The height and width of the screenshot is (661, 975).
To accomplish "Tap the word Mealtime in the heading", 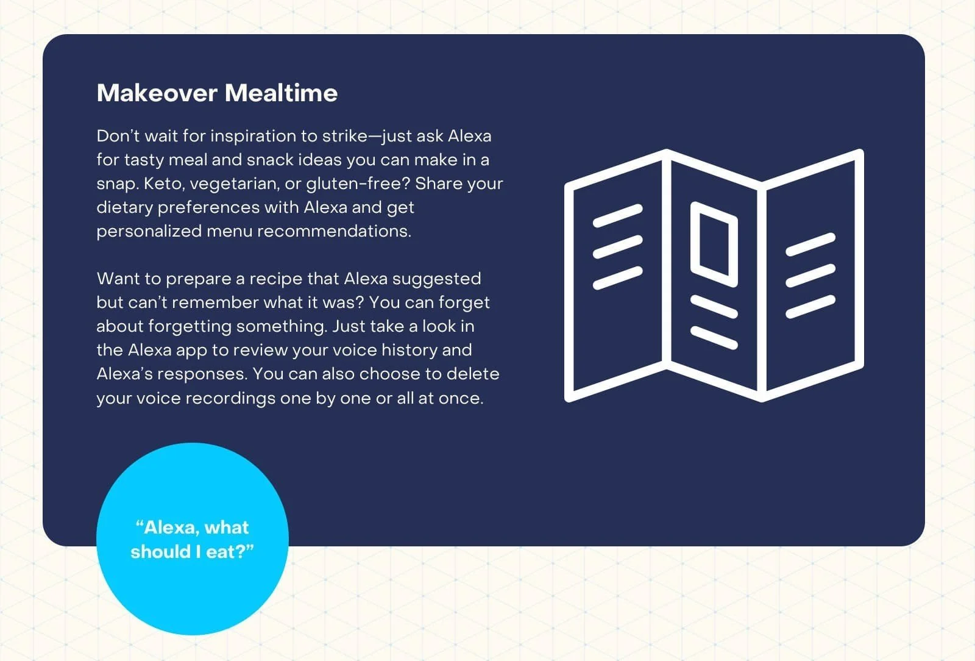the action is tap(281, 93).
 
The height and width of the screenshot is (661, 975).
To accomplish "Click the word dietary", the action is tap(124, 208).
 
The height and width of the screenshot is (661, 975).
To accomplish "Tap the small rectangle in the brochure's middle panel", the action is tap(714, 245).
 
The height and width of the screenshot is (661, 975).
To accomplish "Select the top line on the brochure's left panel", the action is tap(617, 215).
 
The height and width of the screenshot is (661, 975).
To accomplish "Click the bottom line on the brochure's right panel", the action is tap(810, 307).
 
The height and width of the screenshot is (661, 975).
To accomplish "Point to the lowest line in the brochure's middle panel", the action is tap(714, 337).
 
